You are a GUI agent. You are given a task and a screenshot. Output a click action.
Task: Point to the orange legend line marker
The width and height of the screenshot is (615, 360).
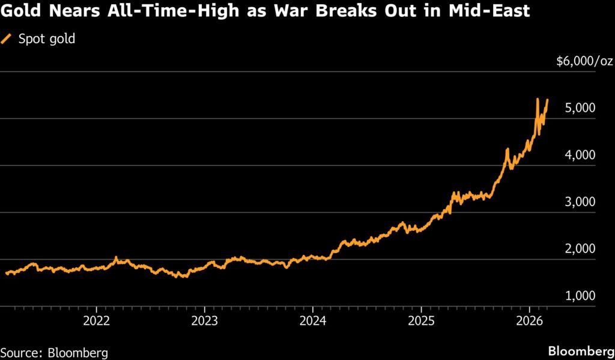click(x=8, y=40)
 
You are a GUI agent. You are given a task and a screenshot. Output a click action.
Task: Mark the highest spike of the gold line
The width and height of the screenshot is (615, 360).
click(x=537, y=99)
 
